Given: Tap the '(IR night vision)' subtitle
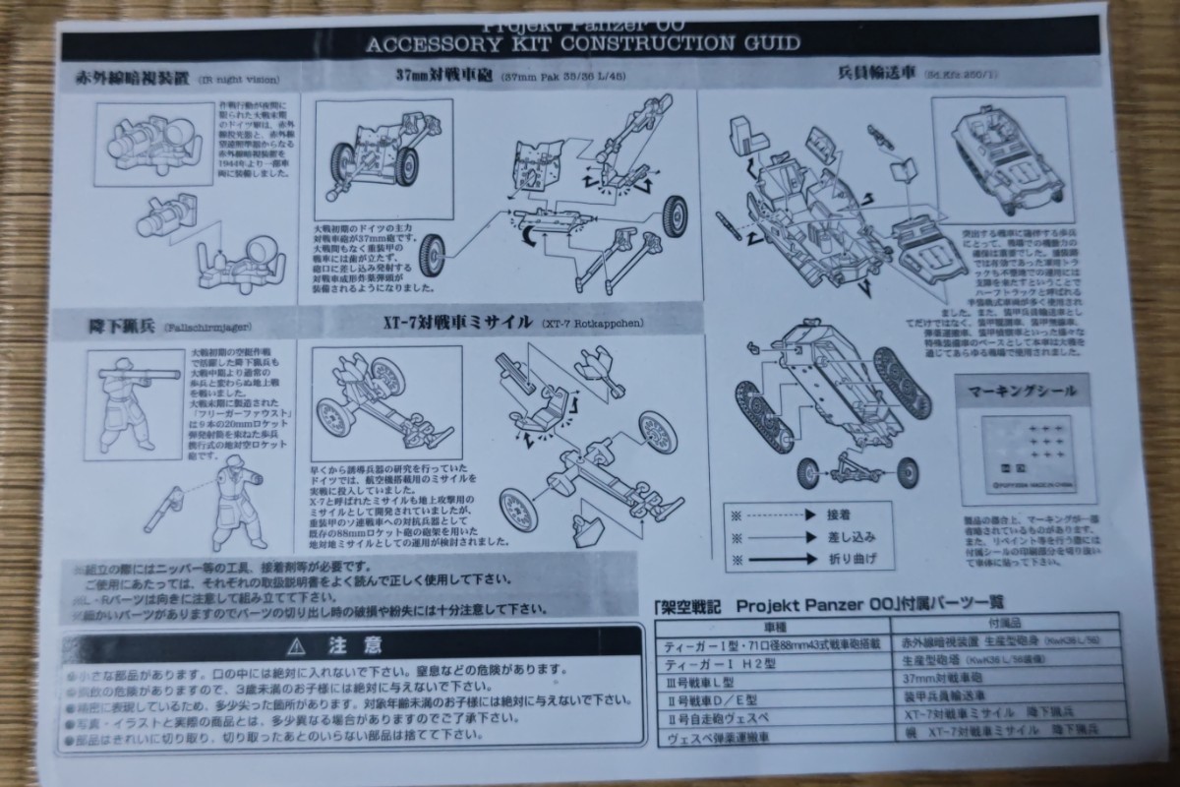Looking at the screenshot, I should click(237, 79).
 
